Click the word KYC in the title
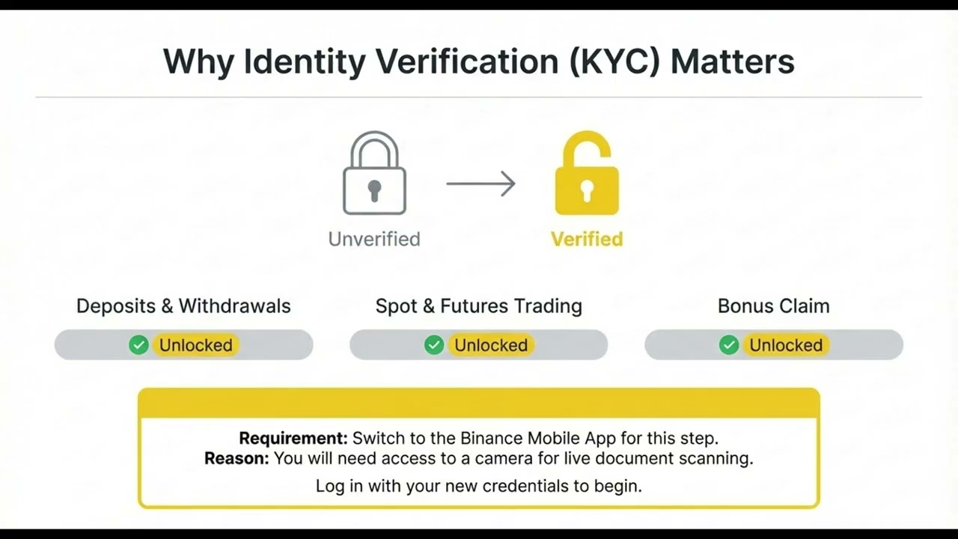pyautogui.click(x=614, y=61)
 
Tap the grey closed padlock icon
pyautogui.click(x=374, y=177)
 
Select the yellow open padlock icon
pyautogui.click(x=587, y=175)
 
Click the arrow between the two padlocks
pyautogui.click(x=480, y=183)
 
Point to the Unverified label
pyautogui.click(x=374, y=240)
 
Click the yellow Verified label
pyautogui.click(x=587, y=240)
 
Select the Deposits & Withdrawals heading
pyautogui.click(x=183, y=306)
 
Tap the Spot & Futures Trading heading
pyautogui.click(x=479, y=306)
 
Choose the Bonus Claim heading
pyautogui.click(x=773, y=306)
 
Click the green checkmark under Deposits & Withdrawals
pyautogui.click(x=138, y=345)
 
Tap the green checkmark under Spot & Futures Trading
pyautogui.click(x=434, y=345)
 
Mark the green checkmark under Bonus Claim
pyautogui.click(x=729, y=345)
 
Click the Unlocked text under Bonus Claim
pyautogui.click(x=786, y=345)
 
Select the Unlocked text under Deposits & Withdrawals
pyautogui.click(x=196, y=345)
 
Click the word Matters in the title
pyautogui.click(x=732, y=61)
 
